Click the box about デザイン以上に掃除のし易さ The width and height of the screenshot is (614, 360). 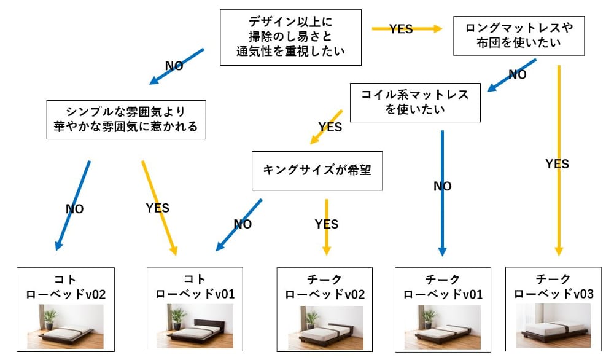click(x=290, y=37)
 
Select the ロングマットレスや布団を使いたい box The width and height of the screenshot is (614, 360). click(x=518, y=36)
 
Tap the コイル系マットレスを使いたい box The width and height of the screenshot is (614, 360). click(x=415, y=102)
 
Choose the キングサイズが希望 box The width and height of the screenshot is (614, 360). click(x=317, y=171)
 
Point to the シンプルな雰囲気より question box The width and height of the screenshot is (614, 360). click(x=126, y=119)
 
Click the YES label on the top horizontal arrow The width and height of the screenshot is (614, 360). click(x=401, y=29)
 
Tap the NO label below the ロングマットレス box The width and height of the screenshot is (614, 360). click(x=517, y=74)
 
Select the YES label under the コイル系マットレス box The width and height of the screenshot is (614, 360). click(x=330, y=127)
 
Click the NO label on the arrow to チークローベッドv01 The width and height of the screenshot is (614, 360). click(x=443, y=186)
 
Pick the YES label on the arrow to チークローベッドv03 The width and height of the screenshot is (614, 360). click(x=558, y=164)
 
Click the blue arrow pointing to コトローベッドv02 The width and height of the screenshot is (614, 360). click(x=73, y=205)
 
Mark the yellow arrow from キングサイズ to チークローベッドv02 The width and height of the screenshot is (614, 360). click(x=327, y=227)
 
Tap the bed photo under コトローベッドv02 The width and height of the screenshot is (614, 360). click(x=66, y=327)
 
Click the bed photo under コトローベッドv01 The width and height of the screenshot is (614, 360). click(x=195, y=326)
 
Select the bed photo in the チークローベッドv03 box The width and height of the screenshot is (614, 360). click(x=553, y=326)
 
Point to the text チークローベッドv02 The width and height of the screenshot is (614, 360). click(x=325, y=287)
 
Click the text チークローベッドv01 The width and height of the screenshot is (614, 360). click(x=443, y=287)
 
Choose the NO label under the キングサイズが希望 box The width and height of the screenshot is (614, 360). click(x=243, y=224)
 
